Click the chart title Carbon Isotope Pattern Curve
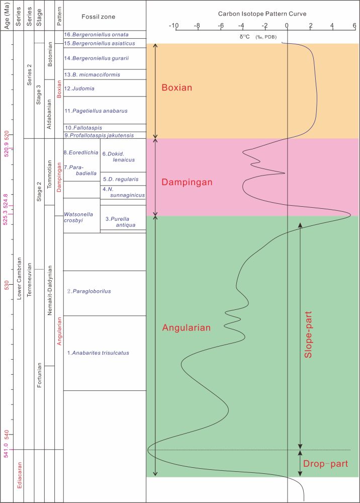[262, 14]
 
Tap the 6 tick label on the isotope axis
[354, 26]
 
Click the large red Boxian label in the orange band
[176, 88]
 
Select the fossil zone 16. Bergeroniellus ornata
[93, 35]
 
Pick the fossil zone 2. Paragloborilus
[89, 291]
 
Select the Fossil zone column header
[99, 17]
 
